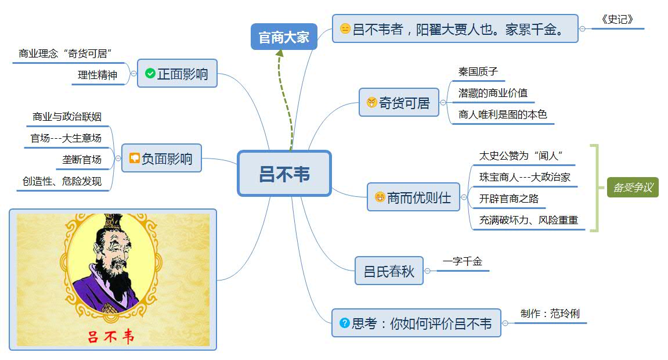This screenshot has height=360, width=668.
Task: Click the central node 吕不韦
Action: [x=284, y=173]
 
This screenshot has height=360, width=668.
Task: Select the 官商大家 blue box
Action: [x=284, y=37]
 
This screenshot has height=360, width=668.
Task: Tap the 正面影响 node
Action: [x=177, y=74]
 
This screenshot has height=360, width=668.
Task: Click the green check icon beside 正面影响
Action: [x=150, y=73]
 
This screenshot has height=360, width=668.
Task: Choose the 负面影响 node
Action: [x=161, y=159]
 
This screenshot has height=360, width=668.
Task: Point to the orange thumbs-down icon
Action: [x=134, y=158]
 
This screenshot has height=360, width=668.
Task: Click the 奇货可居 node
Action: [x=399, y=103]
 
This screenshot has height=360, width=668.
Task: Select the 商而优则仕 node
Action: [x=413, y=197]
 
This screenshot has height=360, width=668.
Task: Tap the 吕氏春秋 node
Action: [x=389, y=271]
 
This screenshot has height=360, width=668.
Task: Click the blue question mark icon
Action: [x=344, y=323]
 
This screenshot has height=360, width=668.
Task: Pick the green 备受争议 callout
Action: [x=633, y=188]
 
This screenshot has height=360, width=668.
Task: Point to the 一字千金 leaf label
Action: [x=463, y=262]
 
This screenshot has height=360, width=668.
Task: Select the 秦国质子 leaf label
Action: [x=478, y=73]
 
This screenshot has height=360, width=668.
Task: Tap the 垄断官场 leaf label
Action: [x=82, y=159]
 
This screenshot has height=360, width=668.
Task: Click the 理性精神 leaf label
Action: [x=98, y=75]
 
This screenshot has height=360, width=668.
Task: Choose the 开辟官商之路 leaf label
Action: [x=509, y=199]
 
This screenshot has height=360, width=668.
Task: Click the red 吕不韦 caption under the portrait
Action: [x=110, y=337]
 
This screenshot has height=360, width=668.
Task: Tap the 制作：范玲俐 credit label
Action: [x=550, y=314]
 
